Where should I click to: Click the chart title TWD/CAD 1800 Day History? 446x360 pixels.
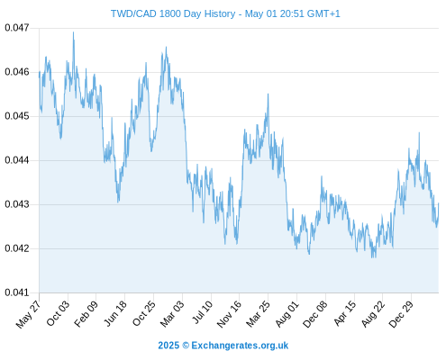point(173,13)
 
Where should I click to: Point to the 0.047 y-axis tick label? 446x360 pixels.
point(17,28)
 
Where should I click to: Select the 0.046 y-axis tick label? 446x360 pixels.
point(17,72)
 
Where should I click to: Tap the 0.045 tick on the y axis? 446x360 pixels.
point(17,116)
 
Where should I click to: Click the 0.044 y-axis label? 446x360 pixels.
point(17,160)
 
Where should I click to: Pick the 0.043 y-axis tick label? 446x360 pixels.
point(17,204)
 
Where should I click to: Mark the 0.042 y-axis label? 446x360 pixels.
point(17,248)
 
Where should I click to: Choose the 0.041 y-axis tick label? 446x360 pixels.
point(17,292)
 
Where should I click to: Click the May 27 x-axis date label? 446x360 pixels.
point(28,314)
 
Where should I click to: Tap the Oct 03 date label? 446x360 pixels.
point(58,313)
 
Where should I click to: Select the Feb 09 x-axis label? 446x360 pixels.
point(86,313)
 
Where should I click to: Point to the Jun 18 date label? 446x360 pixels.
point(115,313)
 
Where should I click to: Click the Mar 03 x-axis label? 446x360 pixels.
point(171,313)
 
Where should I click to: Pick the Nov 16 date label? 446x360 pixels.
point(229,314)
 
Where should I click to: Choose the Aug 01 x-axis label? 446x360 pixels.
point(287,314)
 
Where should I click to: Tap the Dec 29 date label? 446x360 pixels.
point(401,314)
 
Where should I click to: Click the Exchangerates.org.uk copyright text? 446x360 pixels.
point(223,346)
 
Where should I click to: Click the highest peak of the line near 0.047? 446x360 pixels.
point(73,32)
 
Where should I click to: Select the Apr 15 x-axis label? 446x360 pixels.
point(344,313)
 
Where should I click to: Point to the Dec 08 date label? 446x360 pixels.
point(315,314)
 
